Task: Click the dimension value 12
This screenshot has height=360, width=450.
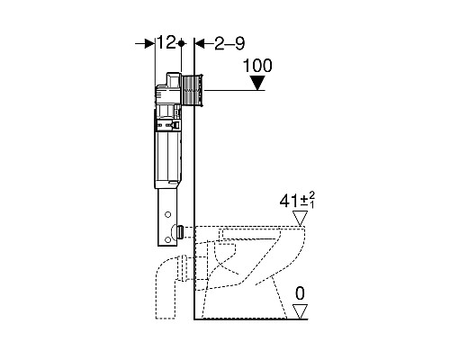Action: [166, 42]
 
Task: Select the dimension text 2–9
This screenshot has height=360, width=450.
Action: [229, 43]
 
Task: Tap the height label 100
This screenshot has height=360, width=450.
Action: [257, 66]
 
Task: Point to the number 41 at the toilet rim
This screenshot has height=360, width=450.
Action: [289, 201]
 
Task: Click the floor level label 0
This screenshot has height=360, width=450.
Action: [300, 293]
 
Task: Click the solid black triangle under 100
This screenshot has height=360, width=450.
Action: [257, 83]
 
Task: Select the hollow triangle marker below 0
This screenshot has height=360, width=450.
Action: [301, 311]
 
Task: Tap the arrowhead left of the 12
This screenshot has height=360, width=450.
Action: [149, 44]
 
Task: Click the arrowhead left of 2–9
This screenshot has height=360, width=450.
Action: [200, 44]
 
